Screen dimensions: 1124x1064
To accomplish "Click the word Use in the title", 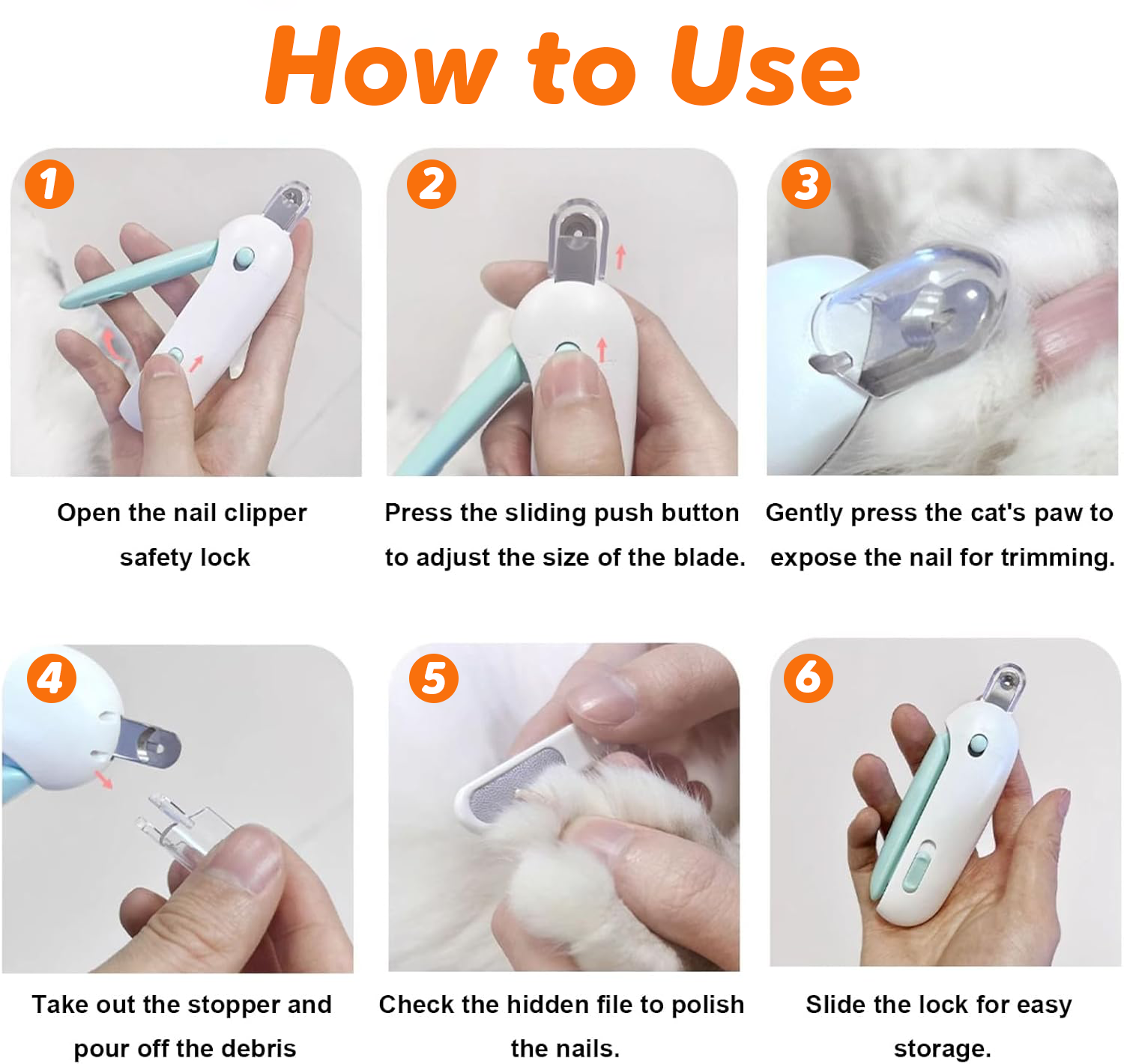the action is pyautogui.click(x=765, y=66).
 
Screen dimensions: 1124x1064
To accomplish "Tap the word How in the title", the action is pyautogui.click(x=382, y=66).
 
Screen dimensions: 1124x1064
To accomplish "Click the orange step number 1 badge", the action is pyautogui.click(x=49, y=184).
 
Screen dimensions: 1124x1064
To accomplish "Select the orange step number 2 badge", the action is pyautogui.click(x=431, y=184).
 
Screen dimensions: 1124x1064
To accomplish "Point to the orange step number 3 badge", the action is pyautogui.click(x=806, y=184).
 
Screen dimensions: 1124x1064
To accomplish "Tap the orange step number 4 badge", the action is pyautogui.click(x=52, y=678).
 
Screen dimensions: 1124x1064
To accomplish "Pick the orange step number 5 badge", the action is pyautogui.click(x=433, y=678).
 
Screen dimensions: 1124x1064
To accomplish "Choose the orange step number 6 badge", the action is pyautogui.click(x=808, y=678).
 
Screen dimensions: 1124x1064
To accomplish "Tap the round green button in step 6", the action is pyautogui.click(x=977, y=744).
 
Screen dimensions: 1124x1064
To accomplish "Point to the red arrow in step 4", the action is pyautogui.click(x=103, y=779).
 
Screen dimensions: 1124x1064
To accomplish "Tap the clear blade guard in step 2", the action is pyautogui.click(x=578, y=240).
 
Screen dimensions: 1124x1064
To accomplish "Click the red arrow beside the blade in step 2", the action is pyautogui.click(x=620, y=257).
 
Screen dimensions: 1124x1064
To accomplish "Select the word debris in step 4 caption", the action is pyautogui.click(x=259, y=1048).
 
